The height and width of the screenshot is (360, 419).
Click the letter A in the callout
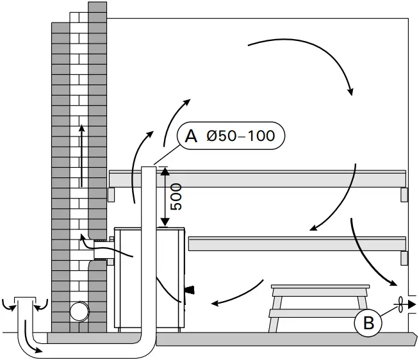coord(190,136)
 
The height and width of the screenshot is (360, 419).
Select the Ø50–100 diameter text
coord(240,136)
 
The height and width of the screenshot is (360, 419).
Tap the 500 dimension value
coord(176,197)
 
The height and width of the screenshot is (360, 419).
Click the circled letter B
coord(368,323)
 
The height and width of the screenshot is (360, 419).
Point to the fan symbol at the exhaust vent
coord(400,305)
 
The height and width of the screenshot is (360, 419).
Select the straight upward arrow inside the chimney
coord(81,154)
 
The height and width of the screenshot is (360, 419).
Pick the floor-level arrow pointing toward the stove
coord(237,294)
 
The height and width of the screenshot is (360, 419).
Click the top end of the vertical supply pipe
coord(148,170)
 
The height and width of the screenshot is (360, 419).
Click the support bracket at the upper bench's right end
coord(404,195)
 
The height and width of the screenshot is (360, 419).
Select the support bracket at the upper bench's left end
coord(111,194)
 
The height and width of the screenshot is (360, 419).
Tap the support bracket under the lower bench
coord(404,258)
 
